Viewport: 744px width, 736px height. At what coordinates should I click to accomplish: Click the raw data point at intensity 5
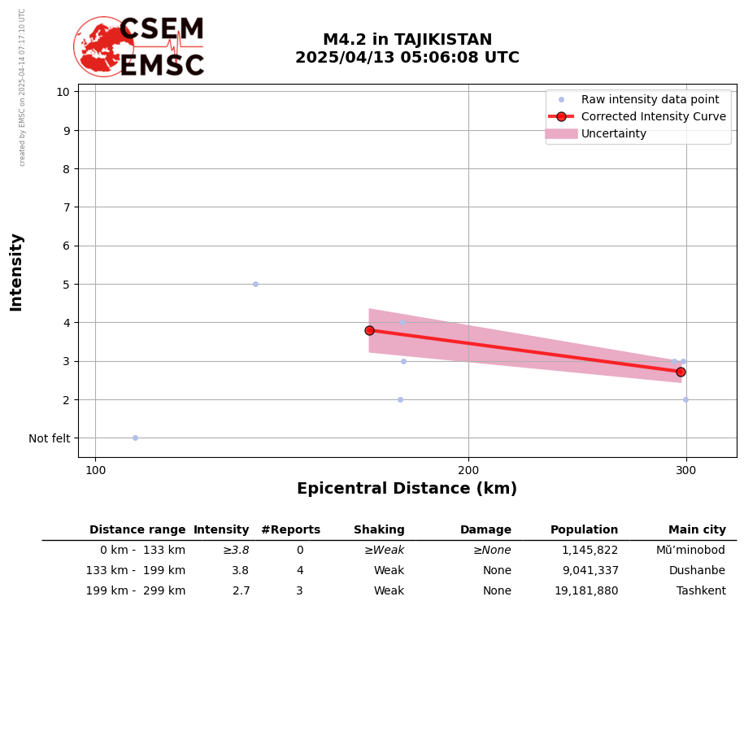tap(255, 284)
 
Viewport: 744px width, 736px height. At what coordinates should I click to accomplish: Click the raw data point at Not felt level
tap(135, 438)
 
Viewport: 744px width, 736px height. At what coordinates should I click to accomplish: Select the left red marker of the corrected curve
tap(369, 330)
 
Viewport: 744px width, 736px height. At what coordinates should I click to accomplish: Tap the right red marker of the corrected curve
tap(681, 372)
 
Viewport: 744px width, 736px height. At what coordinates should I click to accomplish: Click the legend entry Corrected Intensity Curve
tap(653, 116)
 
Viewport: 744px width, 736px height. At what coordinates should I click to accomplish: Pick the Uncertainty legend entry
tap(613, 133)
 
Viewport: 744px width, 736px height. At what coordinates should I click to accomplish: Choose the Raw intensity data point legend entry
tap(650, 99)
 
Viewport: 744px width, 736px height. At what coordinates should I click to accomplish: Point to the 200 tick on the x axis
tap(468, 469)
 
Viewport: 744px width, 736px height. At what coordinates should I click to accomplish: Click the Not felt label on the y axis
tap(50, 438)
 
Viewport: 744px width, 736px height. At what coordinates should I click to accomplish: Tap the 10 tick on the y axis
tap(63, 91)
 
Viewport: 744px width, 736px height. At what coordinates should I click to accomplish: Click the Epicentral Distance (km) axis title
tap(407, 489)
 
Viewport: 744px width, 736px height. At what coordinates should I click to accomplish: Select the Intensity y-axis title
tap(16, 272)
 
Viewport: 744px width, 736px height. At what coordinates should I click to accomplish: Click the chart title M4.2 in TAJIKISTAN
tap(407, 40)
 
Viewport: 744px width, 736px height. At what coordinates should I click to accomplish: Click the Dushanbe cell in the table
tap(697, 571)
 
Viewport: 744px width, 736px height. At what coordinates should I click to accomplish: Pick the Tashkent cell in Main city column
tap(701, 591)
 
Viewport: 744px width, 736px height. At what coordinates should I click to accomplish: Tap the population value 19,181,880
tap(585, 591)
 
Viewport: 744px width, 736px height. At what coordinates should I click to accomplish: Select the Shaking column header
tap(379, 530)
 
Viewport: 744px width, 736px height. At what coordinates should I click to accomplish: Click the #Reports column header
tap(290, 530)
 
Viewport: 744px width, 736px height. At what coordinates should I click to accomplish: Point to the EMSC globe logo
tap(103, 47)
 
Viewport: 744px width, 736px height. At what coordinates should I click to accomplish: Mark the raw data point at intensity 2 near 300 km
tap(685, 399)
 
